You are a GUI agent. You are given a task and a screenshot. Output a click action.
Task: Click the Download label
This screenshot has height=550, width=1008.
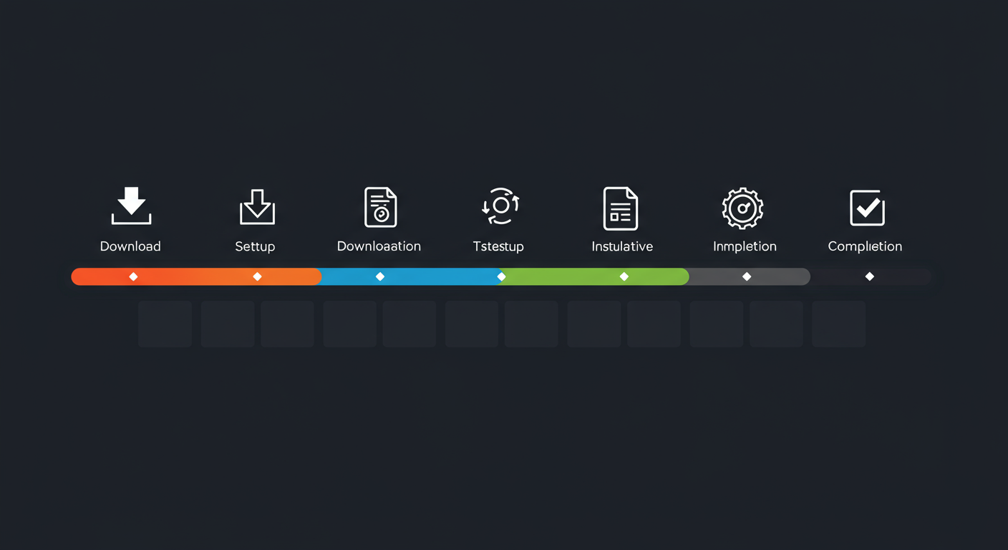[130, 246]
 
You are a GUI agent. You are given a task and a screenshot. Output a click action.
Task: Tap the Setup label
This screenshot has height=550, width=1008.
[255, 246]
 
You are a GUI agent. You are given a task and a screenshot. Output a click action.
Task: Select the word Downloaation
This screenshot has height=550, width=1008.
[379, 246]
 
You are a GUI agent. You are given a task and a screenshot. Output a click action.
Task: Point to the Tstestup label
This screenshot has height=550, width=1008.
[498, 246]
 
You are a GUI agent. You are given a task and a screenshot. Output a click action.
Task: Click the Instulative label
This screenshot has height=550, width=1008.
[622, 246]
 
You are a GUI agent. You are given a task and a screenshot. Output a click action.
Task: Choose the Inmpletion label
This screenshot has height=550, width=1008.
[745, 246]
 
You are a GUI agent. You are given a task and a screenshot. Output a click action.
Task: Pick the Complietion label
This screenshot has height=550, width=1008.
[865, 246]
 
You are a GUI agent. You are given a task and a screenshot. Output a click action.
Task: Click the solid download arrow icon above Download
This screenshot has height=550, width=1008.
[131, 206]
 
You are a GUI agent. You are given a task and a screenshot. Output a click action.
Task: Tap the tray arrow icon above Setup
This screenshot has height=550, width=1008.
[257, 207]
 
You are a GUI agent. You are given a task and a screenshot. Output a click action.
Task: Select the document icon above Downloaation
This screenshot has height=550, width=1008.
[380, 207]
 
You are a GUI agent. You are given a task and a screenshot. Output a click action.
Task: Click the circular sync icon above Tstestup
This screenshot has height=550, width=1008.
[500, 206]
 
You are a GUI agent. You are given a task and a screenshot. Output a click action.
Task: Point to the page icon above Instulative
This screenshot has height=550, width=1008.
[621, 208]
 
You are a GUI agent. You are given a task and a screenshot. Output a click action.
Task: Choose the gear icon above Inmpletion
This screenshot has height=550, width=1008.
[742, 208]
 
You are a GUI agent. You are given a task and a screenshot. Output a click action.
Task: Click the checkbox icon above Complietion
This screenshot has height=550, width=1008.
[867, 208]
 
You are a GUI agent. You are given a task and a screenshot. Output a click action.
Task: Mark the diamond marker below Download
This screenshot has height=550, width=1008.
[133, 276]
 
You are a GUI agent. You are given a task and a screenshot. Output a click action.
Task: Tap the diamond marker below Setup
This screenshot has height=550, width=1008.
[258, 276]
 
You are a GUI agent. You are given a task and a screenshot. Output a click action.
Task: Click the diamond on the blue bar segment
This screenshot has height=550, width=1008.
[380, 276]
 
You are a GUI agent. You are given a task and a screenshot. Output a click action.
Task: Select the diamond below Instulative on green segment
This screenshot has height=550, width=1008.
[624, 276]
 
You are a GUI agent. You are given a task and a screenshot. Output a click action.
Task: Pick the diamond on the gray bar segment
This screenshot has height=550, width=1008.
[747, 276]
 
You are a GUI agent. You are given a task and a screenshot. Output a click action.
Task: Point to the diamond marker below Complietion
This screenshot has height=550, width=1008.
[870, 276]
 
